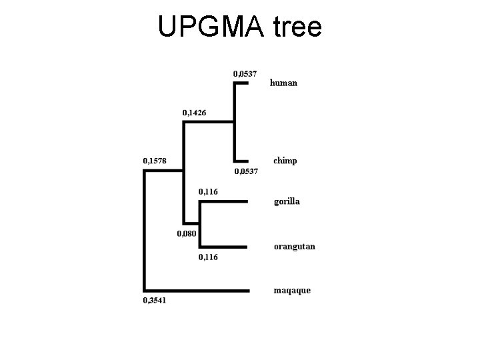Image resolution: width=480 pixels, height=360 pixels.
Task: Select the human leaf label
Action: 283,83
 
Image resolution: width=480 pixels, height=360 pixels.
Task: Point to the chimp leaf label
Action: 285,161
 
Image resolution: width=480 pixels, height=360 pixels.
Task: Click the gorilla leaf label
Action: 287,201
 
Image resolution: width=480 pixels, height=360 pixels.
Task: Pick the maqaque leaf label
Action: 292,290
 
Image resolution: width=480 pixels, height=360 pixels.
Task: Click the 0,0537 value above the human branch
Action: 245,73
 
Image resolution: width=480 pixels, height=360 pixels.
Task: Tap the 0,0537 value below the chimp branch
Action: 245,171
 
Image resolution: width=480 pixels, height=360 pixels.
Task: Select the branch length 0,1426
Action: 195,112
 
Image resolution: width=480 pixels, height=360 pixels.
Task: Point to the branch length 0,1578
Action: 155,161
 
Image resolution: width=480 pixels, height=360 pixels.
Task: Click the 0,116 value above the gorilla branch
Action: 208,192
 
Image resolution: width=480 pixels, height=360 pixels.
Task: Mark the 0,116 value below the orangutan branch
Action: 208,257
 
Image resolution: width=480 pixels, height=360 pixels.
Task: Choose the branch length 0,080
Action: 186,233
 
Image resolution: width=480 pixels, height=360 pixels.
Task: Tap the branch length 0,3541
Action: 155,301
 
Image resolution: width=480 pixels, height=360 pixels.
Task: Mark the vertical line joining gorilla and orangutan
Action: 200,224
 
